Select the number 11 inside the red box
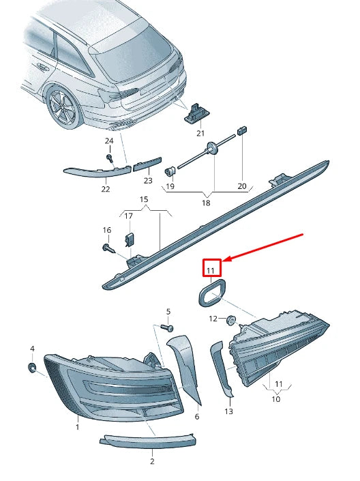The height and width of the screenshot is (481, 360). (211, 270)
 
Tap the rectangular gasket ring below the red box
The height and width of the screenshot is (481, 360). (211, 295)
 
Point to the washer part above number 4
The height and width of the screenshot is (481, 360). (32, 368)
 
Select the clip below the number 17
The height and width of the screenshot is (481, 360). (129, 239)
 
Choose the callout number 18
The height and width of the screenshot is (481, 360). (206, 202)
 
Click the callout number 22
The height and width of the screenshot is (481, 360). (106, 189)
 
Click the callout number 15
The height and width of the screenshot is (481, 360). (144, 199)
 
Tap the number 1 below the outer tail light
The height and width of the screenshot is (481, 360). (78, 427)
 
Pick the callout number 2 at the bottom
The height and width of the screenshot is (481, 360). (151, 461)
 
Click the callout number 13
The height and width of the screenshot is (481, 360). (228, 411)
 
